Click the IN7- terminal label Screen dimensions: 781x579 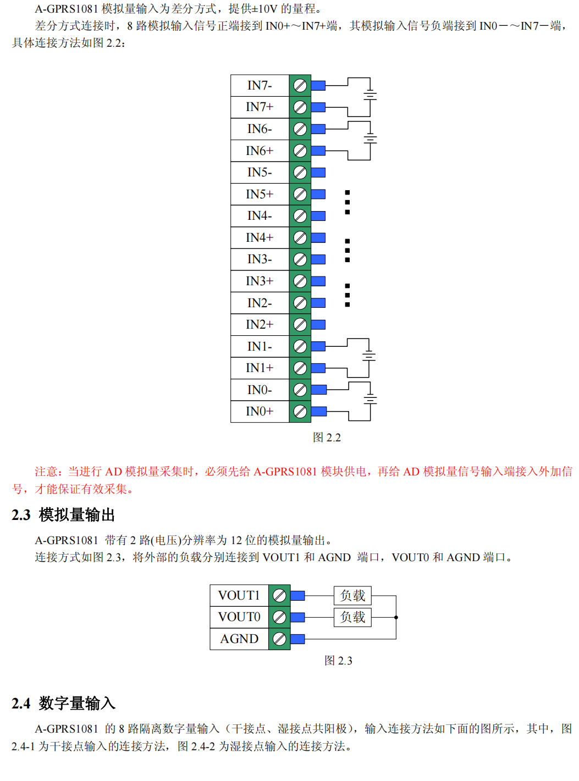(x=260, y=85)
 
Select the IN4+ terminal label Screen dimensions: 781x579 (x=260, y=237)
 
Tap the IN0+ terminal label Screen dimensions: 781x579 (x=260, y=411)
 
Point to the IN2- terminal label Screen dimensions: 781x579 (x=260, y=303)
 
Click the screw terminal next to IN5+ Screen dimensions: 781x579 (x=300, y=194)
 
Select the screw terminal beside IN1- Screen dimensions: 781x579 (x=300, y=346)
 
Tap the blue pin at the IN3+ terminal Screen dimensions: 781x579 (x=318, y=281)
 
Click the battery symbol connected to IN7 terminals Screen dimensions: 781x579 (x=370, y=96)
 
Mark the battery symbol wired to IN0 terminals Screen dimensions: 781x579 (x=370, y=400)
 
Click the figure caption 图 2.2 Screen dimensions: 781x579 (x=327, y=437)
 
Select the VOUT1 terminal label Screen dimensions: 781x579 (x=239, y=595)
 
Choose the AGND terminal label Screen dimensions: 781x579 (x=239, y=639)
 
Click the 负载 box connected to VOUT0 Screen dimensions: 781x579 (x=353, y=617)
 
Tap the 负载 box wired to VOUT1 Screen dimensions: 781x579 (x=353, y=595)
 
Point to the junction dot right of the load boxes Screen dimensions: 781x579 (x=396, y=617)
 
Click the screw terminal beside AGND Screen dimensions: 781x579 (x=279, y=639)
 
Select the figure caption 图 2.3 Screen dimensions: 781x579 (x=338, y=661)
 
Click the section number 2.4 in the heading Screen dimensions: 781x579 (x=21, y=704)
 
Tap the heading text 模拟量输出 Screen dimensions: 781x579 (x=77, y=515)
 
